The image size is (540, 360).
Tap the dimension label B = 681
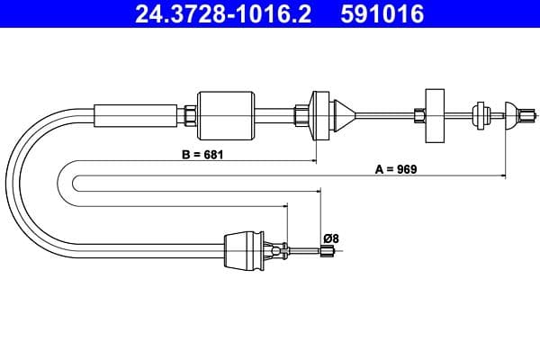(x=202, y=154)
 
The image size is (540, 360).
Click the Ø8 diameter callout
(x=330, y=238)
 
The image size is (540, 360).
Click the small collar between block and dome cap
(x=479, y=113)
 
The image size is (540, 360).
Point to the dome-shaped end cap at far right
(x=512, y=113)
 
